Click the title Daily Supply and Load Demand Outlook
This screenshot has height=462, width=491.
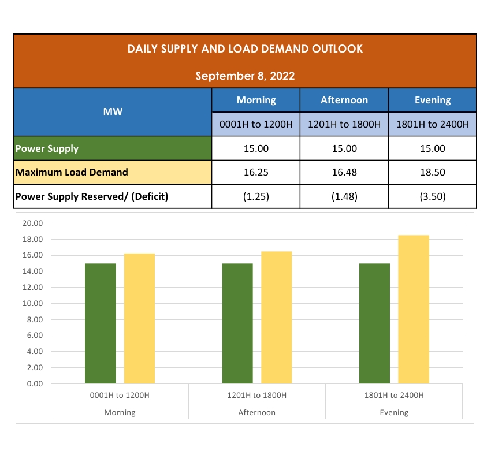tap(245, 49)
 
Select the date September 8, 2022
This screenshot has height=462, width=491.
tap(245, 76)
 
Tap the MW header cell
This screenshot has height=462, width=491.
tap(113, 111)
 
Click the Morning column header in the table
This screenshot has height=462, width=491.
tap(256, 100)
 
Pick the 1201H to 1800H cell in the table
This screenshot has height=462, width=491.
tap(344, 124)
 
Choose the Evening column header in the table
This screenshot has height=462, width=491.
tap(433, 100)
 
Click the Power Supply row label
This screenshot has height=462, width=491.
tap(47, 148)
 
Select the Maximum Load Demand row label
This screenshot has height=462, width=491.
tap(72, 172)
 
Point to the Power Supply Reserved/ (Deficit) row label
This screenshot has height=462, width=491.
tap(92, 196)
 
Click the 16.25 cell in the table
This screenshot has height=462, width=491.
tap(256, 172)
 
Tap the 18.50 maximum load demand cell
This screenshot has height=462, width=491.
tap(433, 172)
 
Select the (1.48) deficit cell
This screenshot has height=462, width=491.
tap(344, 196)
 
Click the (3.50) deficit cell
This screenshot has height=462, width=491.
tap(433, 196)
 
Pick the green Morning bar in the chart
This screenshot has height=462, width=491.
tap(101, 323)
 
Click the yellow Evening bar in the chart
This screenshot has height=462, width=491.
tap(414, 310)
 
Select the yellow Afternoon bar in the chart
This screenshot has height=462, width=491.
tap(276, 318)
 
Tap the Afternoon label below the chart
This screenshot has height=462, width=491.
tap(257, 413)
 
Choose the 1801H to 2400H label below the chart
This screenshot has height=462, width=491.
tap(394, 396)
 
